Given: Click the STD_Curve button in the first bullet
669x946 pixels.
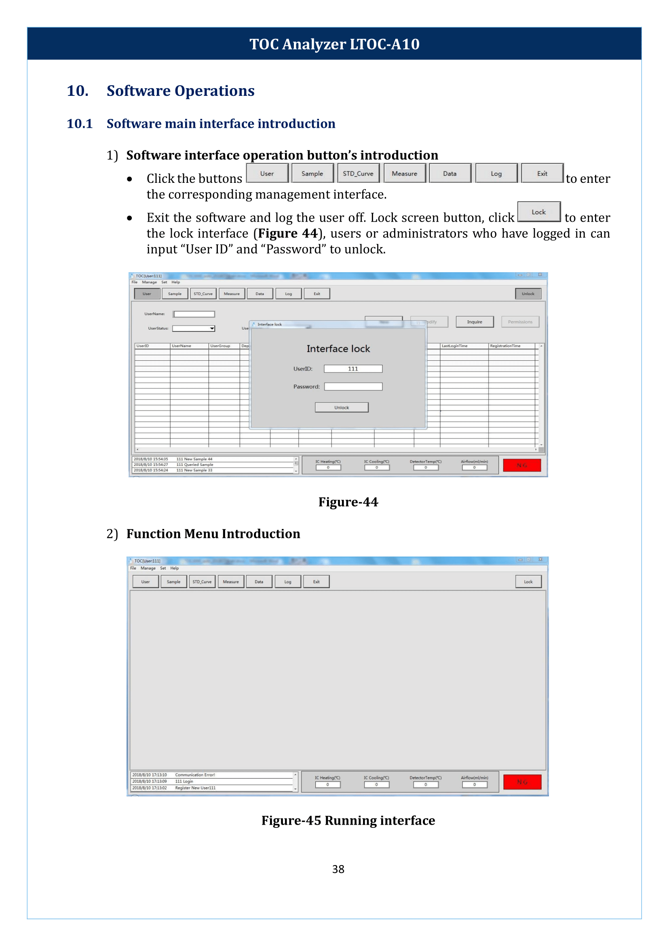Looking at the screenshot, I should click(358, 174).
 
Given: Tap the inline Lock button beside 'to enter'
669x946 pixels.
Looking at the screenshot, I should click(538, 212).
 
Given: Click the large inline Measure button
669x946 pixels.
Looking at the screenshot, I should click(404, 174).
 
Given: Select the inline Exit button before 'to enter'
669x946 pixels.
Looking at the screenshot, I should click(542, 174).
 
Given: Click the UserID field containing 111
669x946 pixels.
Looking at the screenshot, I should click(352, 368).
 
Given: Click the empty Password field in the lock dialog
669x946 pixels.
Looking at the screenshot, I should click(352, 386).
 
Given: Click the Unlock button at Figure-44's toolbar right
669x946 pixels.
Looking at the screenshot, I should click(528, 294).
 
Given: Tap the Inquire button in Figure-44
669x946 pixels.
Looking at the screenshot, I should click(474, 322).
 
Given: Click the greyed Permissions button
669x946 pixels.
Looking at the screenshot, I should click(520, 322).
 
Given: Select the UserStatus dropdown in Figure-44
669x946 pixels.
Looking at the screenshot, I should click(194, 328).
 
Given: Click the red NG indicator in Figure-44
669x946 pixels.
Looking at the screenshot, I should click(521, 465).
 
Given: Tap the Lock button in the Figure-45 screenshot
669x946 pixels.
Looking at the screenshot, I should click(528, 581).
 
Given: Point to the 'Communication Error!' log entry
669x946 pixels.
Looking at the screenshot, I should click(195, 775).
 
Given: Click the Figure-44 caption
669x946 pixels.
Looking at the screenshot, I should click(348, 502).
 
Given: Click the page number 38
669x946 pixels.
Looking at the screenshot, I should click(338, 869).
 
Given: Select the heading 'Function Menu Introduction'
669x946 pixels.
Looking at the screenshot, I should click(213, 533).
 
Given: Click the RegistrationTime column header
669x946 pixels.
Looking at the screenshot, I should click(504, 346).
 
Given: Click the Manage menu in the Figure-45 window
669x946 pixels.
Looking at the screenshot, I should click(148, 567).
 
